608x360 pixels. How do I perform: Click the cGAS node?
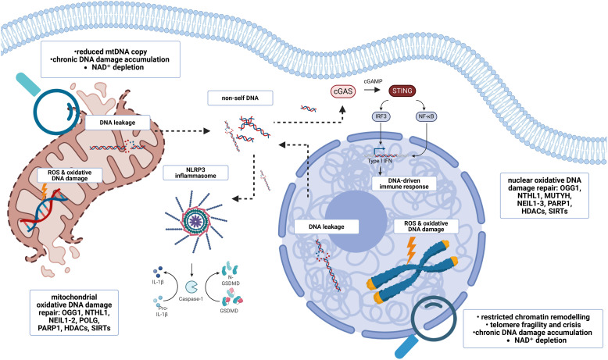click(343, 91)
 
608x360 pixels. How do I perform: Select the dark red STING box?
click(402, 91)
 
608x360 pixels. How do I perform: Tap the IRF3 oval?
click(381, 116)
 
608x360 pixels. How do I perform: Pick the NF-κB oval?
click(426, 116)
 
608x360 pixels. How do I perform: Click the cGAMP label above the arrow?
click(373, 81)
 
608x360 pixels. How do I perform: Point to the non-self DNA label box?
click(240, 98)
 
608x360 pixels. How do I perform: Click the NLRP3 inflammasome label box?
click(195, 173)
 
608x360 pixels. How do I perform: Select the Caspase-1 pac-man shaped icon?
click(191, 287)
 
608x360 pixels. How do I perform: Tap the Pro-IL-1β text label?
click(162, 311)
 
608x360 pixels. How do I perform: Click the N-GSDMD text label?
click(231, 280)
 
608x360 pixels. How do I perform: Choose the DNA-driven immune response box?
click(404, 184)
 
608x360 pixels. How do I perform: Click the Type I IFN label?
click(380, 161)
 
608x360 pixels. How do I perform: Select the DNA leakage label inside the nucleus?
click(326, 226)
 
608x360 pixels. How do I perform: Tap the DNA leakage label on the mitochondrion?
click(117, 123)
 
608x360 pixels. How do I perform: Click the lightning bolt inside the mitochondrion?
click(44, 191)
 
